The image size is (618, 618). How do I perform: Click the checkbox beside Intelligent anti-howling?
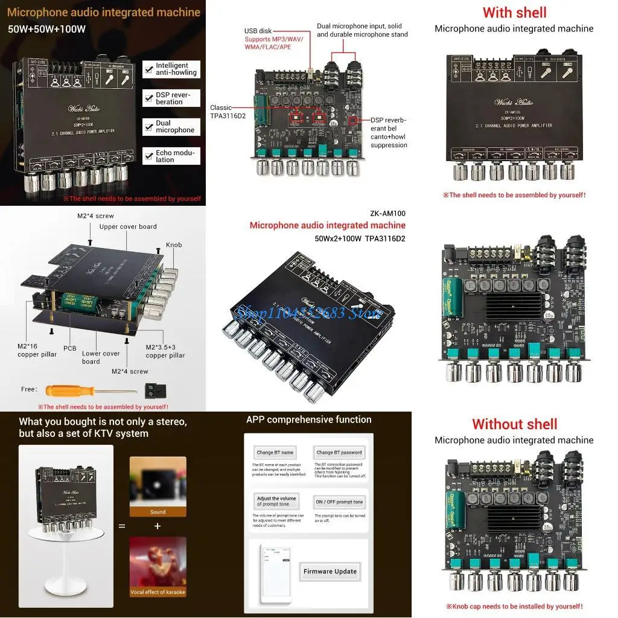click(148, 69)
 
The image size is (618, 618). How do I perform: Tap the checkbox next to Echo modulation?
click(148, 156)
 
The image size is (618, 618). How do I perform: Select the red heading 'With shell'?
click(514, 13)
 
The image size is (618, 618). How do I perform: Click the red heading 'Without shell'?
click(514, 424)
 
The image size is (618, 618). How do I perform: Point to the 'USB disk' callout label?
click(259, 31)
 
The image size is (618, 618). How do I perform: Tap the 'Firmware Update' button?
click(330, 571)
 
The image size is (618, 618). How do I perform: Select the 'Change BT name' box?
click(275, 452)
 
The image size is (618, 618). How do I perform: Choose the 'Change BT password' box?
click(339, 452)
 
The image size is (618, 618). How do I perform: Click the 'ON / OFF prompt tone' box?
click(339, 502)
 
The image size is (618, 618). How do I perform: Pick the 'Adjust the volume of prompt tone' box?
click(276, 502)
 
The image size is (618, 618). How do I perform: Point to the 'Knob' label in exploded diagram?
click(174, 245)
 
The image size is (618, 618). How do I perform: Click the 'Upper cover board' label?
click(128, 227)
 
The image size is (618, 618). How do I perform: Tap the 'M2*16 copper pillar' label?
click(37, 351)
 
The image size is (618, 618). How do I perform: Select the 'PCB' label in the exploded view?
click(70, 349)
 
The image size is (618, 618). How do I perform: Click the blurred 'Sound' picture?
click(158, 486)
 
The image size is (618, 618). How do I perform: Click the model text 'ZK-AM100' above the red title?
click(387, 214)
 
